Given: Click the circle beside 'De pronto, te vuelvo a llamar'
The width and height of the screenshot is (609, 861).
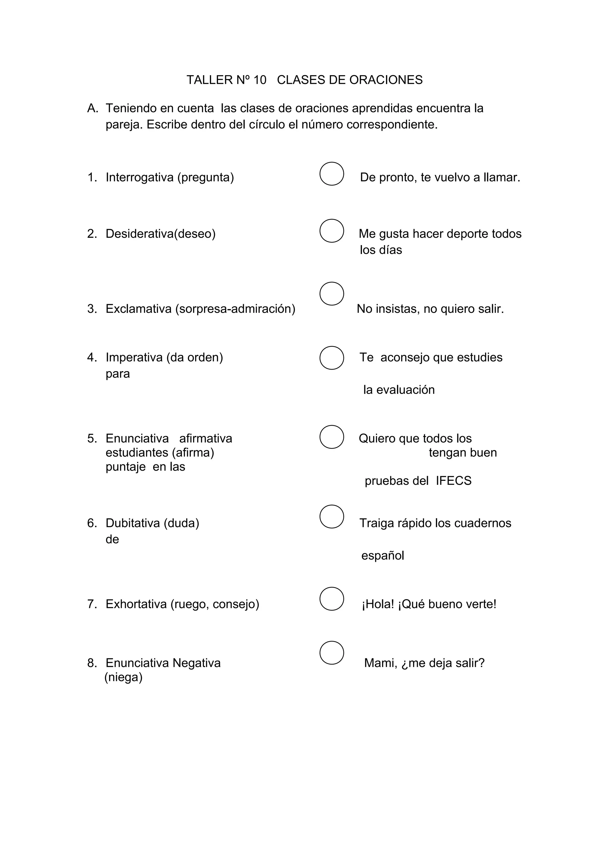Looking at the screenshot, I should click(332, 174).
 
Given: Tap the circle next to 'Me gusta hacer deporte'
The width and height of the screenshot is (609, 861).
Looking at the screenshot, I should click(332, 231).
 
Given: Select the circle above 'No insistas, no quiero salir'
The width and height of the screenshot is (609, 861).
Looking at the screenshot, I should click(332, 294).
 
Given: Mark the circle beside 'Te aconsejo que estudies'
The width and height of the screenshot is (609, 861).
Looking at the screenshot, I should click(332, 358).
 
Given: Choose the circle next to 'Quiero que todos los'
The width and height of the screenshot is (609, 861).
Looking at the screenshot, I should click(332, 437).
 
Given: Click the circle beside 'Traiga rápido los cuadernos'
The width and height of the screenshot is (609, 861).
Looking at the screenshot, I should click(332, 516).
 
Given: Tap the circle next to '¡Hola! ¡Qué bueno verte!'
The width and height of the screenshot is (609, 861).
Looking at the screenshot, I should click(332, 599).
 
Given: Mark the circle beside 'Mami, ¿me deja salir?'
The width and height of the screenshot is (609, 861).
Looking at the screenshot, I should click(332, 653).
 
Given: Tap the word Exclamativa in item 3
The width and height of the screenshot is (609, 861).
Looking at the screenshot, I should click(139, 309).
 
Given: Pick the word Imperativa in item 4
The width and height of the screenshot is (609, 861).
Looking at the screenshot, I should click(134, 357).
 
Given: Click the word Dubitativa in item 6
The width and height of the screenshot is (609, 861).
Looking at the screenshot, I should click(132, 523).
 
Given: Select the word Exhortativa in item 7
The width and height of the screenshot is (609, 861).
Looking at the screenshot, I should click(136, 604).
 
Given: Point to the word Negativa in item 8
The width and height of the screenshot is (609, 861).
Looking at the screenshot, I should click(197, 663).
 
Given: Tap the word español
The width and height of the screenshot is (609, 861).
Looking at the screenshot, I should click(382, 555).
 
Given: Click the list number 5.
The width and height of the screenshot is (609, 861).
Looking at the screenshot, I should click(92, 439).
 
